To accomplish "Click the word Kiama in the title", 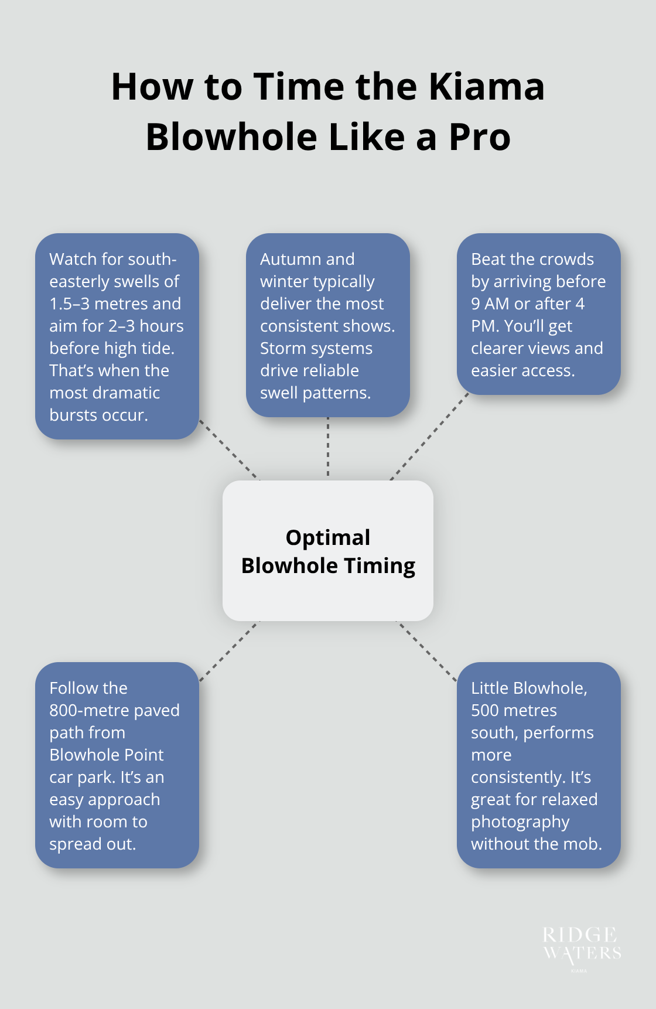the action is click(x=487, y=86).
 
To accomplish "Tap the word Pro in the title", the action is click(x=480, y=137).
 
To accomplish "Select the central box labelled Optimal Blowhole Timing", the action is click(x=328, y=551).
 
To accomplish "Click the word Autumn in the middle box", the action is click(x=291, y=259).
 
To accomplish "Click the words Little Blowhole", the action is click(x=529, y=688).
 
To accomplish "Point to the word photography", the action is click(x=520, y=822).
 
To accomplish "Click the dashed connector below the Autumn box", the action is click(x=328, y=446).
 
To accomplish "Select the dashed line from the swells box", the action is click(x=229, y=449).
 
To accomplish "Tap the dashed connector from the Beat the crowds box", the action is click(x=430, y=437).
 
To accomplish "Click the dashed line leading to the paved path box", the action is click(x=229, y=651).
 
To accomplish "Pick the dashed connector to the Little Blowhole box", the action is click(x=427, y=651).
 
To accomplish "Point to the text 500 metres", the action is click(x=514, y=710).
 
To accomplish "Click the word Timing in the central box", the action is click(x=380, y=566).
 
